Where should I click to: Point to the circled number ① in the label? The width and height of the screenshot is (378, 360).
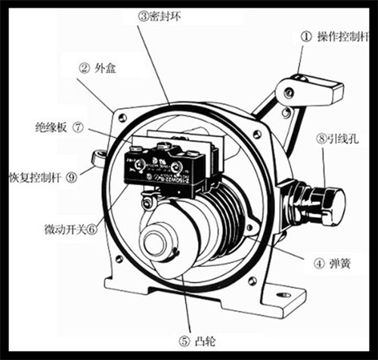pos(306,36)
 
